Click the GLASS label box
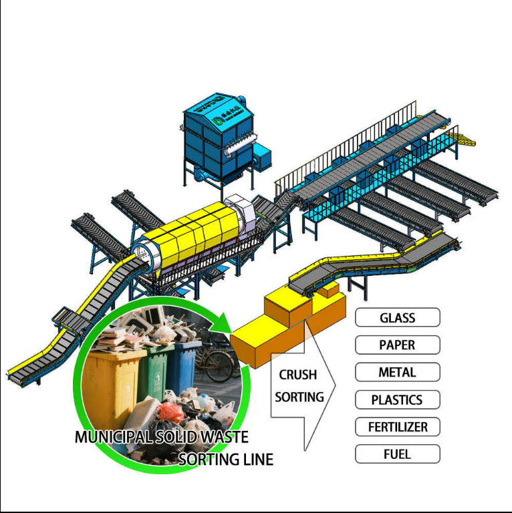(397, 317)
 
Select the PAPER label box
(397, 345)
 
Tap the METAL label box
(397, 372)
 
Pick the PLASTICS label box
(397, 400)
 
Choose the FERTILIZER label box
(397, 427)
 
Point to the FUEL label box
(397, 454)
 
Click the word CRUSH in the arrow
(297, 375)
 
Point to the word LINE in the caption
(255, 460)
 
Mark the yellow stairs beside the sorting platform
(461, 138)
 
